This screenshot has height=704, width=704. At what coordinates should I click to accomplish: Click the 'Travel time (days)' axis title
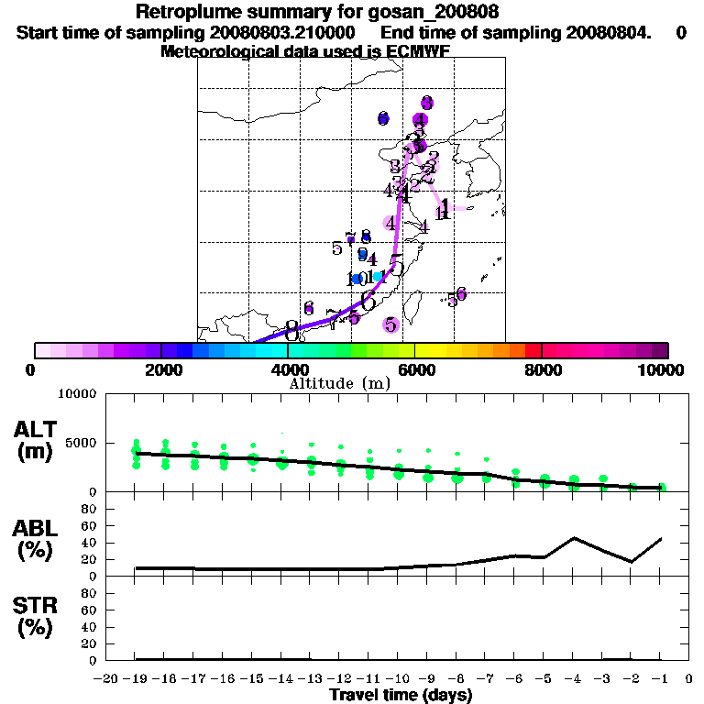pyautogui.click(x=401, y=696)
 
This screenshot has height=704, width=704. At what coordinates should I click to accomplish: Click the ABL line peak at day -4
pyautogui.click(x=574, y=538)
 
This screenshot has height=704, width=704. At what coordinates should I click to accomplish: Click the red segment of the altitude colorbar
pyautogui.click(x=533, y=350)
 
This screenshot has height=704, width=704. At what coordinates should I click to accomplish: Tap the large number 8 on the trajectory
pyautogui.click(x=291, y=327)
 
